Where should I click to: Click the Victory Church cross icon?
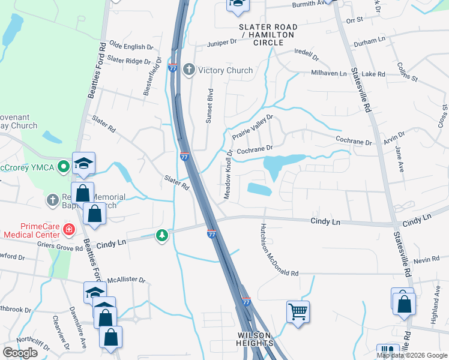pyautogui.click(x=188, y=70)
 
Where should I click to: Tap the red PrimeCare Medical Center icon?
pyautogui.click(x=69, y=229)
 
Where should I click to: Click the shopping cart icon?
pyautogui.click(x=298, y=311)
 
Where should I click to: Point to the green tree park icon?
pyautogui.click(x=161, y=235)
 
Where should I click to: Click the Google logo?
pyautogui.click(x=20, y=352)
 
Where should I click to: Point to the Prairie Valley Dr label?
pyautogui.click(x=253, y=128)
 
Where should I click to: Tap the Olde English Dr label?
pyautogui.click(x=127, y=47)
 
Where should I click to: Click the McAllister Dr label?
pyautogui.click(x=126, y=280)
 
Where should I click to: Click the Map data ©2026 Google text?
pyautogui.click(x=411, y=355)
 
